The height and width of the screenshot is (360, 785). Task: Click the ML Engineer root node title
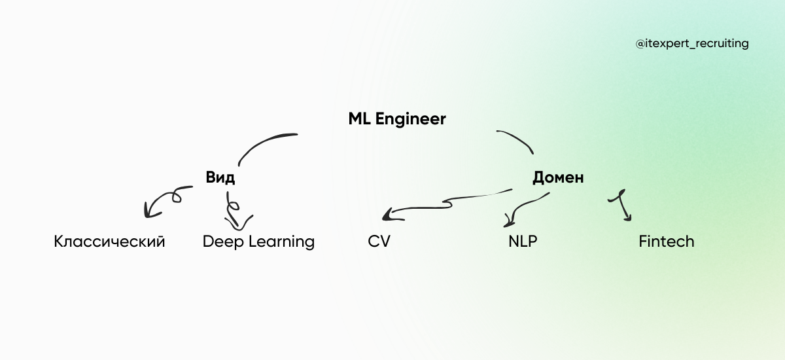[397, 119]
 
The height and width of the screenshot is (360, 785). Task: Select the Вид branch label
[220, 178]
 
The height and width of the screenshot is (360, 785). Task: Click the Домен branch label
[557, 177]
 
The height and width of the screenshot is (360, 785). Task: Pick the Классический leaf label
[109, 242]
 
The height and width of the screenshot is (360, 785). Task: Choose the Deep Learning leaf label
[258, 242]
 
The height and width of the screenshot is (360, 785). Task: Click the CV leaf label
[379, 242]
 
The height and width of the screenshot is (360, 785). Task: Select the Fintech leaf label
[666, 242]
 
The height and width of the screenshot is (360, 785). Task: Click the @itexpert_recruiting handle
[691, 44]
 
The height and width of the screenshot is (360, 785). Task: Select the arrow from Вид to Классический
[164, 198]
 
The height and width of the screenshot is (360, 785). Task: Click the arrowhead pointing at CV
[390, 214]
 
